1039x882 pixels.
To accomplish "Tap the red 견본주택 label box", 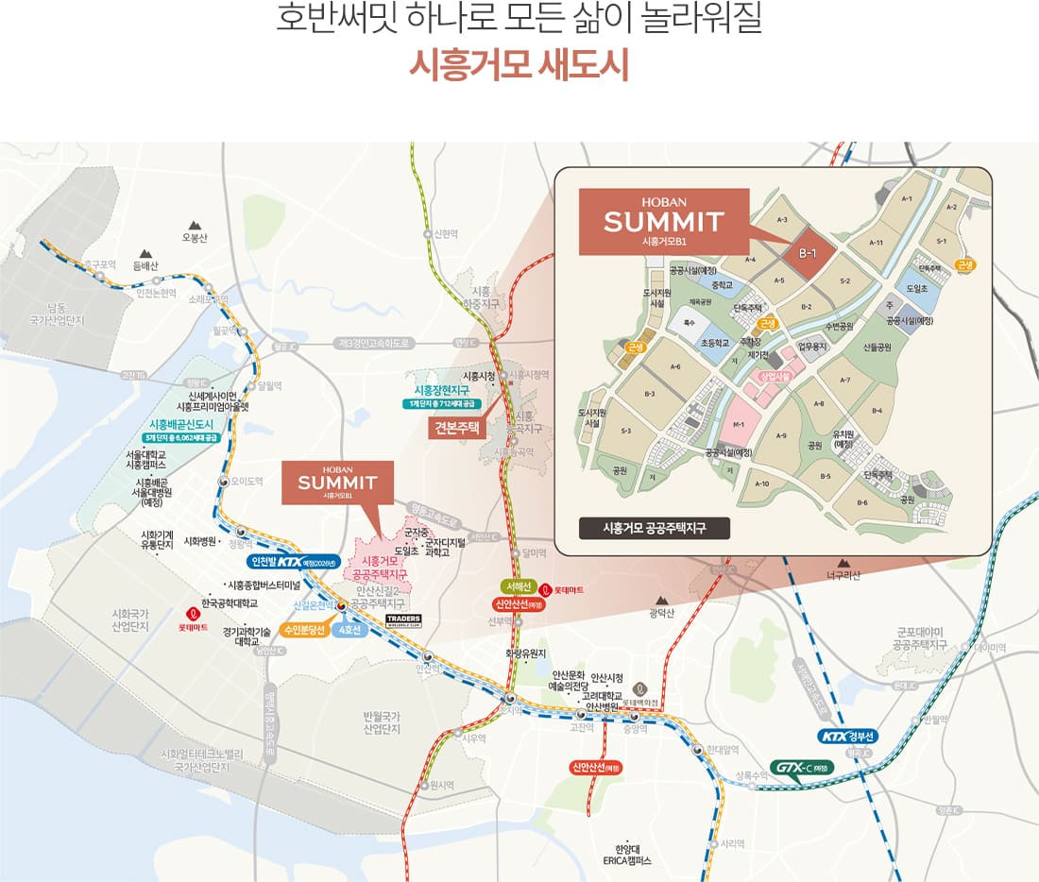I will pos(457,428).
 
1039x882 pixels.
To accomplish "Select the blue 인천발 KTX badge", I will pos(290,561).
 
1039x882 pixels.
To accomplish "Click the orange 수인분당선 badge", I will pos(301,629).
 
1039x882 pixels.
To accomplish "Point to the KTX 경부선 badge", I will pos(849,737).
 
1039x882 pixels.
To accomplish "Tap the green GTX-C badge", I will pos(801,767).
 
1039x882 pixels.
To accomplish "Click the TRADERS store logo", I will pos(403,619).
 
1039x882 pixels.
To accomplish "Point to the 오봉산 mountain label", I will pos(194,237).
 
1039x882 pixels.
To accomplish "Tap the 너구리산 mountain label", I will pos(843,575).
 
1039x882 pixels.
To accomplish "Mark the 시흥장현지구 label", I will pos(442,390).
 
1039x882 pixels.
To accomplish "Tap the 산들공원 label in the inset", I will pos(877,347).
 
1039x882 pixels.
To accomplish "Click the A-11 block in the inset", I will pos(877,243).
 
